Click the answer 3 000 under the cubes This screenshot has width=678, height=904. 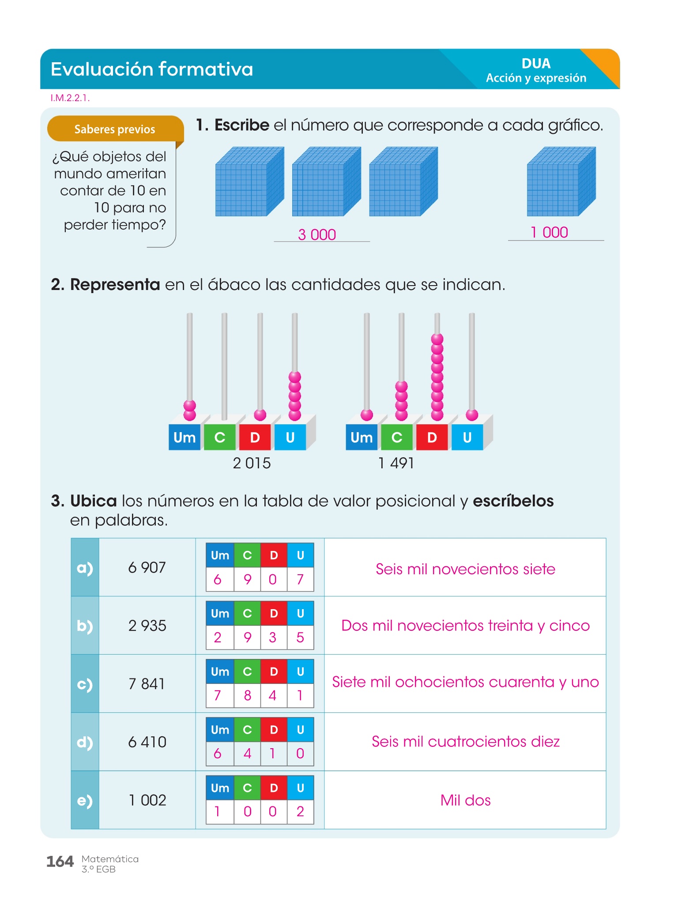click(317, 234)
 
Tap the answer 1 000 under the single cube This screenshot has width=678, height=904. click(549, 232)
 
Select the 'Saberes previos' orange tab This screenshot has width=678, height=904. click(115, 129)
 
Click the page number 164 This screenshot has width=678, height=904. click(60, 861)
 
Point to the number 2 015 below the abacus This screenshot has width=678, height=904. click(252, 463)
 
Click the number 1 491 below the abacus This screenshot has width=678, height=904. click(396, 463)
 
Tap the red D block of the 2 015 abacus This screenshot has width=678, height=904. click(255, 437)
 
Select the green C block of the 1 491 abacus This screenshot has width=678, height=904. click(397, 437)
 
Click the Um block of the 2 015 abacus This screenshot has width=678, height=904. click(185, 437)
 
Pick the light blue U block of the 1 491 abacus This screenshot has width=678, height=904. click(467, 437)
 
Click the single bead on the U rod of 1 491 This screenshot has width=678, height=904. click(472, 414)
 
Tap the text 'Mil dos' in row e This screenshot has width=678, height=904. click(465, 800)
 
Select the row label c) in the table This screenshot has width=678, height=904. click(85, 684)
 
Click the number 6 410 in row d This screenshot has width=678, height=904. click(147, 742)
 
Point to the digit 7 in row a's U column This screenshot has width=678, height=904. click(300, 579)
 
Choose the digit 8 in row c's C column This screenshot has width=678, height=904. click(247, 695)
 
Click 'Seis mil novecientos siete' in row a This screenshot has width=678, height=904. click(465, 569)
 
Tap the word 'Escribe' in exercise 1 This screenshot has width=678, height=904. click(242, 125)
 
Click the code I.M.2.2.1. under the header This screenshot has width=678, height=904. click(70, 98)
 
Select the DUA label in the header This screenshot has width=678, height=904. click(536, 64)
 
